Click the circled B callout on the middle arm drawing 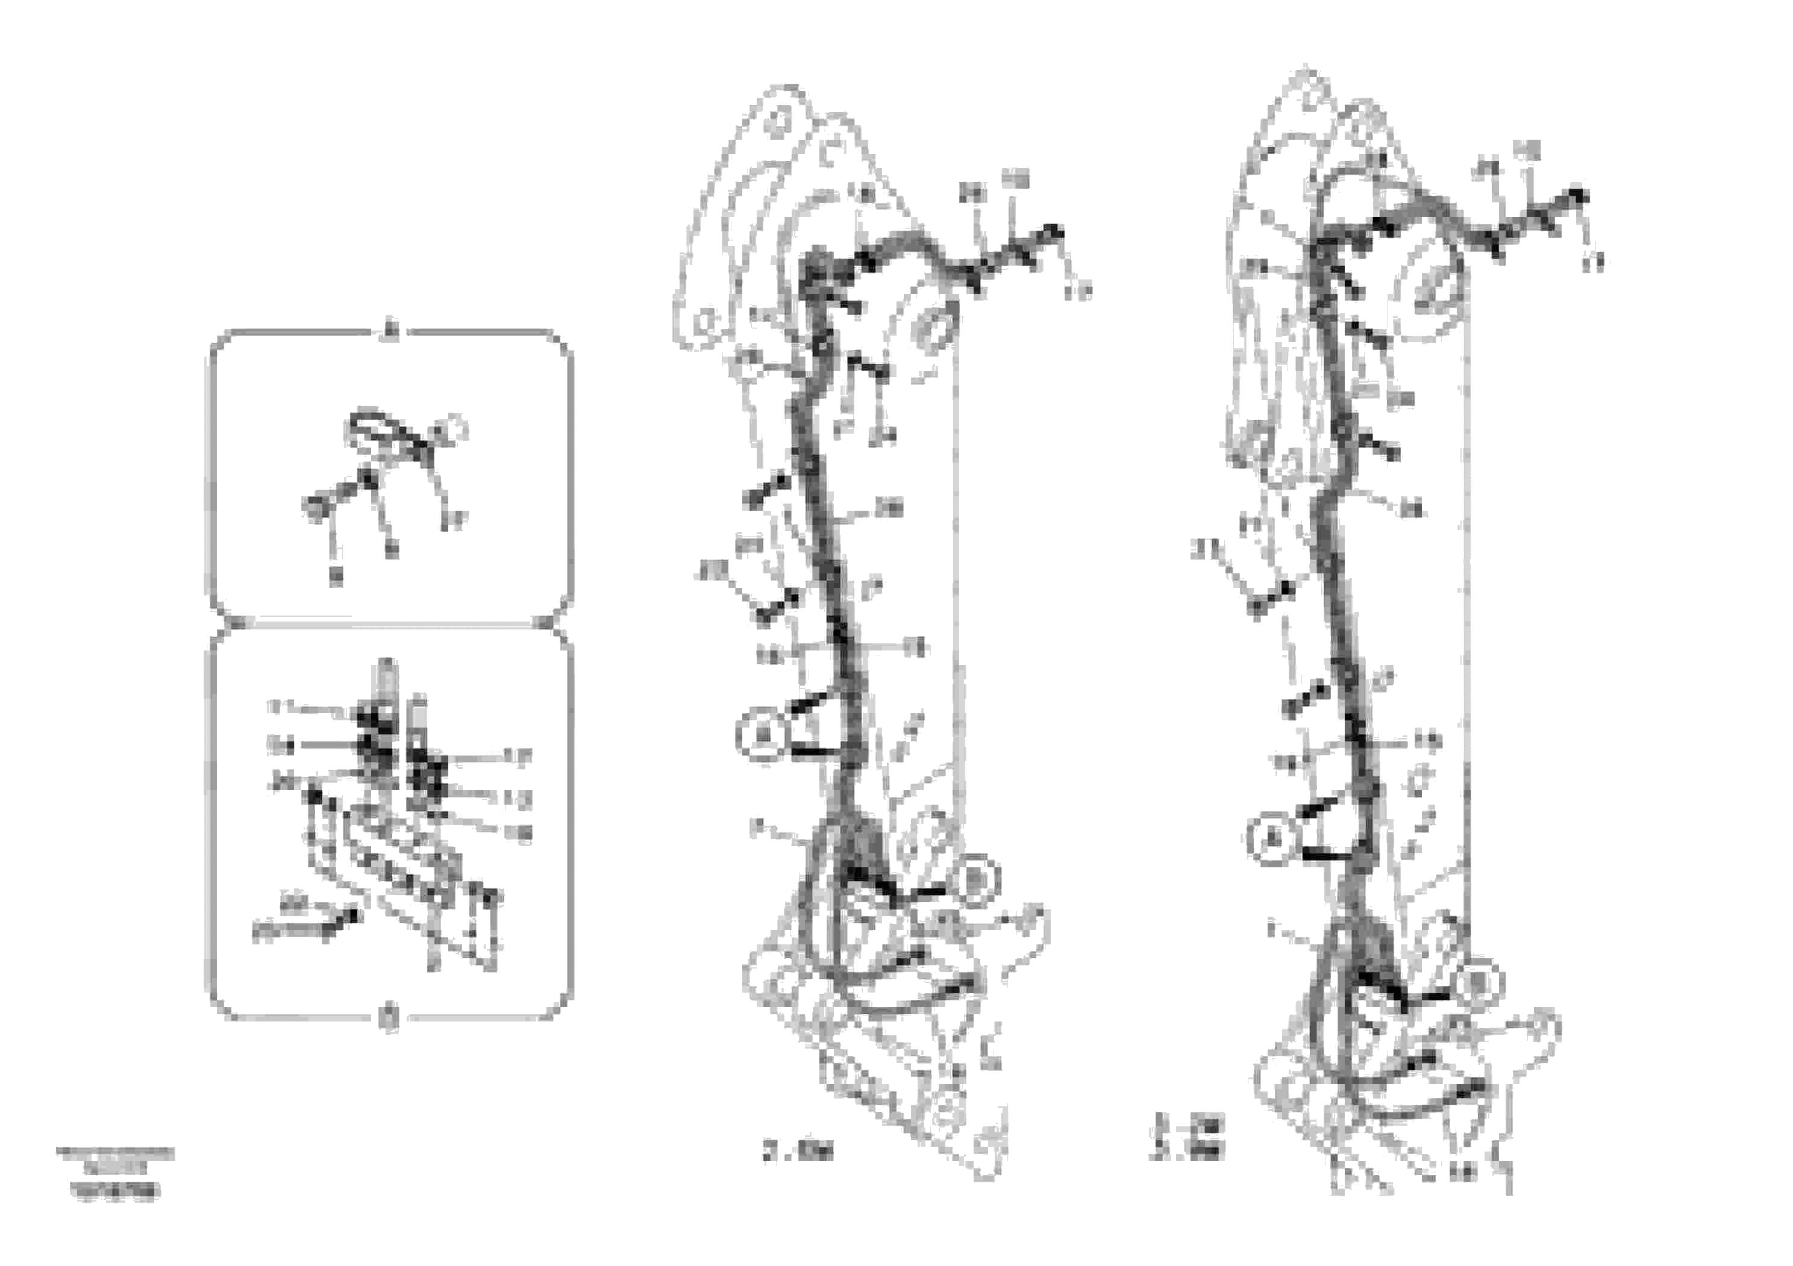tap(976, 881)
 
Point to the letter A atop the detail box tap(390, 333)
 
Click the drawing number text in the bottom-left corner tap(116, 1191)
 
